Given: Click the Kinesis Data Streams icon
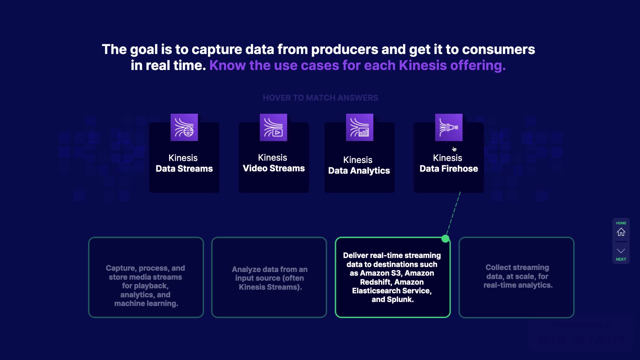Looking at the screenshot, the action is (184, 127).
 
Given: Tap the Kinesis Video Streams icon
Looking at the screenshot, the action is (273, 127).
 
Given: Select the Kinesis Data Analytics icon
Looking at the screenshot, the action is (359, 127).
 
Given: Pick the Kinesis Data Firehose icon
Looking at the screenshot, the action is (449, 127).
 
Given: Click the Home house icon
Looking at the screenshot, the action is (621, 232).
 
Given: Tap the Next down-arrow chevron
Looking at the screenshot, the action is (621, 251).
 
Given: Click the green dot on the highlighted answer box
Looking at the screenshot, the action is (445, 239).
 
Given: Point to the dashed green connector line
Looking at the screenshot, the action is (453, 215).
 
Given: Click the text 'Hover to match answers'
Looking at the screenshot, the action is (320, 98).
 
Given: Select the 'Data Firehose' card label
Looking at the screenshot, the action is (449, 169).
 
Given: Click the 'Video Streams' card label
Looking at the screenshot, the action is (274, 168).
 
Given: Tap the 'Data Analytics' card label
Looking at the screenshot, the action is (359, 171).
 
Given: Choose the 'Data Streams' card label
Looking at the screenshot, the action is (184, 169).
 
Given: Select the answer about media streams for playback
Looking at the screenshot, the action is (146, 286).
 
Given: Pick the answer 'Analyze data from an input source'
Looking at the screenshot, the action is (269, 278).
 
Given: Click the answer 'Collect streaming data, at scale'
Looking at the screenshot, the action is (517, 276).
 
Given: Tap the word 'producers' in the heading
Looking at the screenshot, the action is (344, 49).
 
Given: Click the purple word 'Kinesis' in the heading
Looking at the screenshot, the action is (422, 65).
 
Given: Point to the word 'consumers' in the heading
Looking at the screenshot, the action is (498, 49).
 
